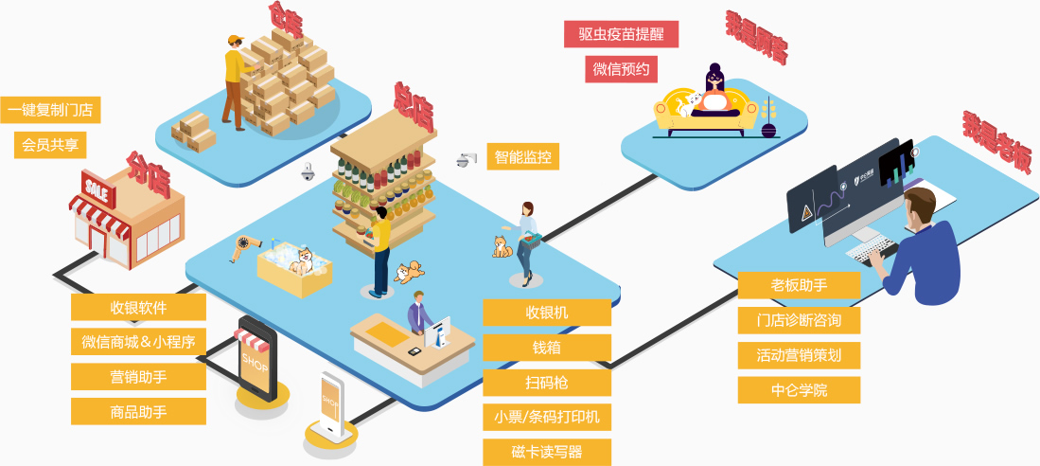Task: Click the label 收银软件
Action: tap(138, 307)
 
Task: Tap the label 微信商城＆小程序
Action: tap(138, 342)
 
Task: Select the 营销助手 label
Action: tap(138, 377)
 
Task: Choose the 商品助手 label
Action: tap(138, 412)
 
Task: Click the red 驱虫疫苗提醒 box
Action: tap(621, 34)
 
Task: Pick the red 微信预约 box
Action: tap(621, 69)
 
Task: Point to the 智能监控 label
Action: tap(523, 157)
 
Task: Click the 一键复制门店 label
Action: tap(50, 110)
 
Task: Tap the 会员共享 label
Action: tap(50, 145)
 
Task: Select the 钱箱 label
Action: tap(547, 348)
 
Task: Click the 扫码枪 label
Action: tap(547, 383)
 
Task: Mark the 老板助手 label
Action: tap(800, 285)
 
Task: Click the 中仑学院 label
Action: tap(800, 390)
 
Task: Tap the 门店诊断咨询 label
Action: tap(800, 320)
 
